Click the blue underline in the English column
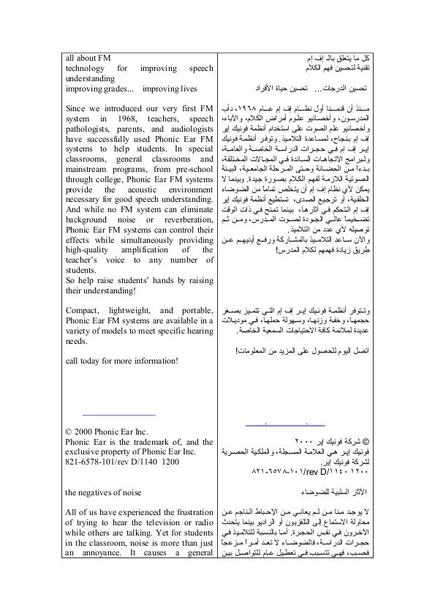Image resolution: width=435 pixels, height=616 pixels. coord(120,415)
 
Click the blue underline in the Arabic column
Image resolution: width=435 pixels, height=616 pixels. coord(284,424)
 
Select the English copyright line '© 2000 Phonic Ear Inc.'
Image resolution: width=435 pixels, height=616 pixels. coord(107,433)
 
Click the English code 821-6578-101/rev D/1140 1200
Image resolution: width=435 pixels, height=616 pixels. coord(121,462)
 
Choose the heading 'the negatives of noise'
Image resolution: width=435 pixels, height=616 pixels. coord(103,492)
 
